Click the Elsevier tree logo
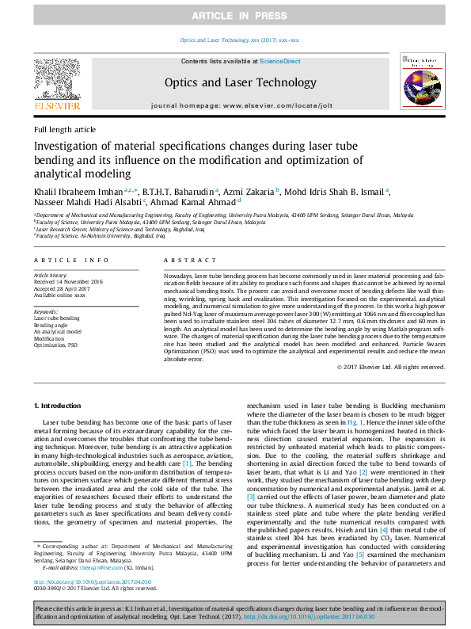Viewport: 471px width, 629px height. tap(56, 77)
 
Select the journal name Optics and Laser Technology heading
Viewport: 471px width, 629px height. tap(229, 82)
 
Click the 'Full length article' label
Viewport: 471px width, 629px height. tap(65, 129)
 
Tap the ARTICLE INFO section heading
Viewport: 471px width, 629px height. tap(72, 260)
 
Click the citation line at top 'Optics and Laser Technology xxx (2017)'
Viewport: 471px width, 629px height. tap(235, 39)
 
